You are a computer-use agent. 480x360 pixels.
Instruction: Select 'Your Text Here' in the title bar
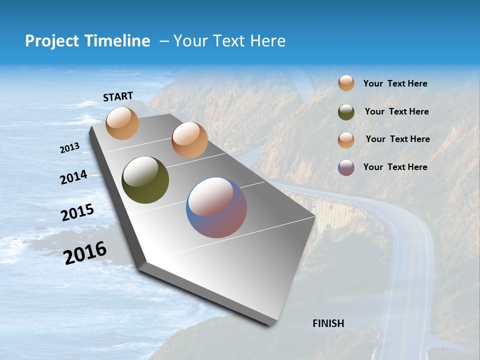click(x=229, y=41)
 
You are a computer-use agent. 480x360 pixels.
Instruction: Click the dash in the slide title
click(x=163, y=41)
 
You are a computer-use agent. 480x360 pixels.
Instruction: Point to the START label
click(x=118, y=96)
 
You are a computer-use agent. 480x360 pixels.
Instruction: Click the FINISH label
click(x=328, y=323)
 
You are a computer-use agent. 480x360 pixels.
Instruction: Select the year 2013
click(x=69, y=148)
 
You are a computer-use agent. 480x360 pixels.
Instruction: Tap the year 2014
click(x=73, y=177)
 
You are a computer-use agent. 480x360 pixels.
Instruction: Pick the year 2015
click(x=77, y=212)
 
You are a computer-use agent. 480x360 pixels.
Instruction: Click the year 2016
click(x=85, y=252)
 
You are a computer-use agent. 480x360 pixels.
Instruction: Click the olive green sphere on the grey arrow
click(x=145, y=180)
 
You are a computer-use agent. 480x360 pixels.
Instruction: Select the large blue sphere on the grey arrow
click(x=216, y=207)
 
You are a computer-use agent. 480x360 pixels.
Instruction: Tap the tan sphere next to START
click(x=122, y=123)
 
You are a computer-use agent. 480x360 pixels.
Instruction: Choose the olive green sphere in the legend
click(x=346, y=112)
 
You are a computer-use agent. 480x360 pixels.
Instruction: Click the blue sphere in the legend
click(x=346, y=167)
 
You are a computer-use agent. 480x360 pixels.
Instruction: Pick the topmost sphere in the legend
click(x=346, y=83)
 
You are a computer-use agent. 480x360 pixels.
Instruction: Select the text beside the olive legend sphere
click(x=396, y=111)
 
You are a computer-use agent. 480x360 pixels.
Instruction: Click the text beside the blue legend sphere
click(x=395, y=167)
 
